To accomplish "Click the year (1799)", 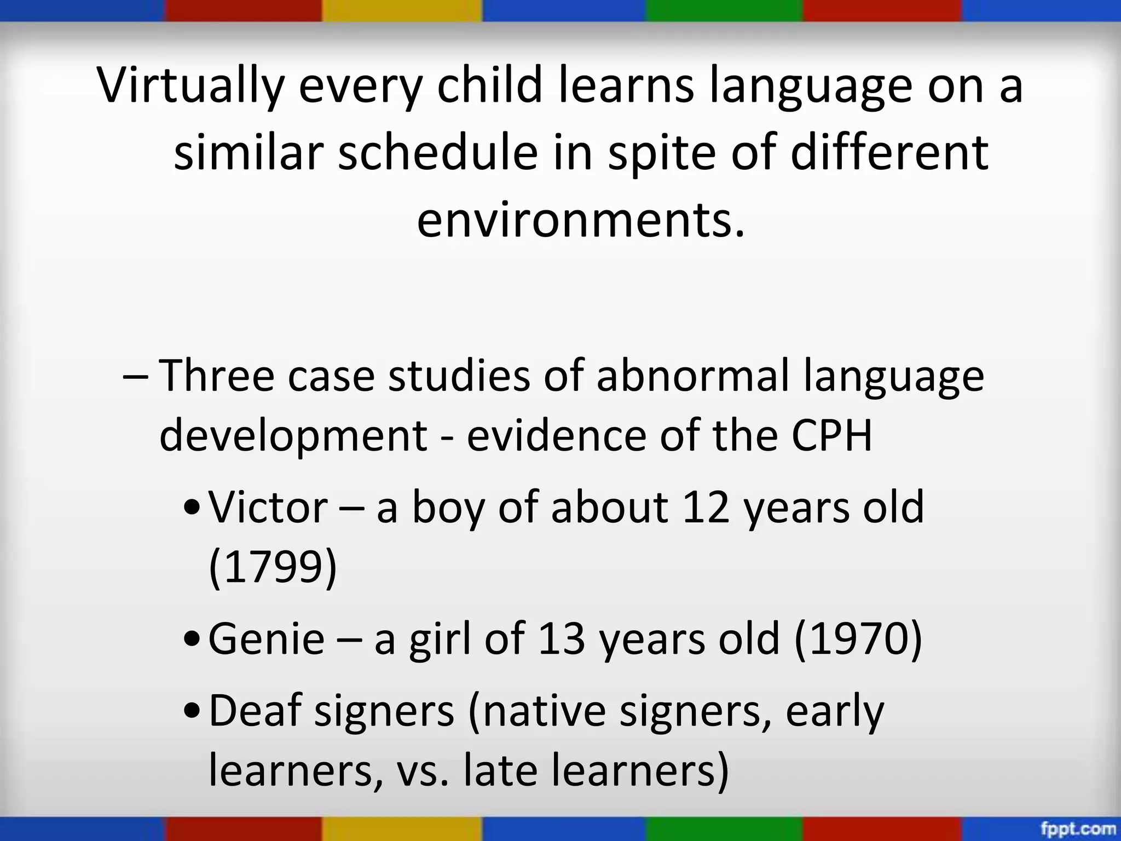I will tap(273, 568).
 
